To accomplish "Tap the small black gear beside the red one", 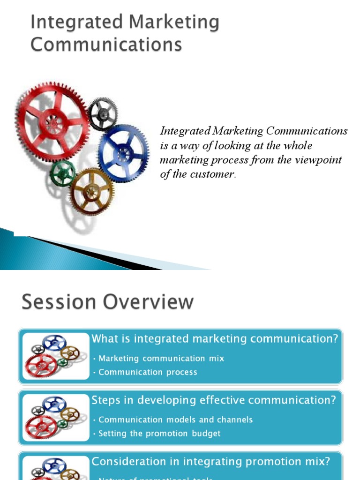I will [x=103, y=113].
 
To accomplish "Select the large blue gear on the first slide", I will [x=124, y=153].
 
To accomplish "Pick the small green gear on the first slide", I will [x=62, y=173].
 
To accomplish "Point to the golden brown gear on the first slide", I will [x=91, y=191].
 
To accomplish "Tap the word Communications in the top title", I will [x=106, y=45].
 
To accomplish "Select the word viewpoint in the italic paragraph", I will [x=318, y=160].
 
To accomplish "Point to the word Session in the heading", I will [x=55, y=302].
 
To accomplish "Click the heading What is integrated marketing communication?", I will [x=214, y=339].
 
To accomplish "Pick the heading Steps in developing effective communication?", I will [x=213, y=400].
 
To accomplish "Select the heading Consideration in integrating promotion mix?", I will [x=210, y=461].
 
